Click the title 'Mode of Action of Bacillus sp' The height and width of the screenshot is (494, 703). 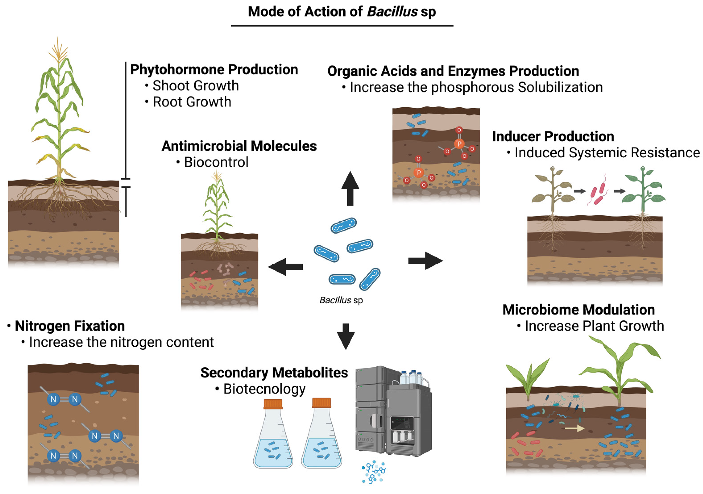[342, 12]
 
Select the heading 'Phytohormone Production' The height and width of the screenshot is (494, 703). [214, 69]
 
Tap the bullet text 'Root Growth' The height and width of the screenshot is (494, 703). [192, 102]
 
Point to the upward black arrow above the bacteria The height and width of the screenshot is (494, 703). [350, 188]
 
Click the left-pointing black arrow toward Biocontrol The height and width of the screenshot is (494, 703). [285, 267]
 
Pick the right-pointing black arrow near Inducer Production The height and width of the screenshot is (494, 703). [426, 261]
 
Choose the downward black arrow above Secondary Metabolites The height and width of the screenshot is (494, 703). [346, 336]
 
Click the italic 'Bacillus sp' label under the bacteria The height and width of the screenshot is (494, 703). [341, 300]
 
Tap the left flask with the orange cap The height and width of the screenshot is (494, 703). [273, 435]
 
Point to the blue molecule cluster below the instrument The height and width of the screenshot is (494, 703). [373, 472]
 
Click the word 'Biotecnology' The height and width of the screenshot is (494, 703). [264, 389]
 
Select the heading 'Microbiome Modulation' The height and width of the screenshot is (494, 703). [578, 310]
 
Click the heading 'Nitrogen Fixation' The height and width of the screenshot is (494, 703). [70, 326]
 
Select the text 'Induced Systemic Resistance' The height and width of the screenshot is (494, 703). [607, 152]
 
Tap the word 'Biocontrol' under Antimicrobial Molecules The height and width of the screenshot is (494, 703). [216, 162]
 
